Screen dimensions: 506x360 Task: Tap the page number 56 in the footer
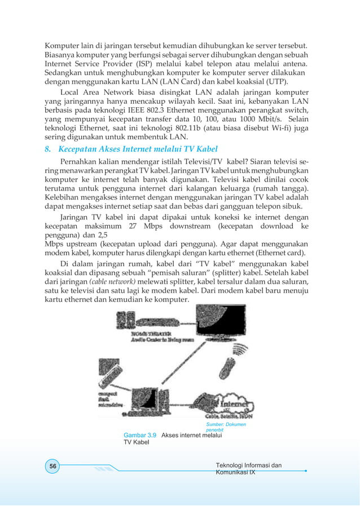click(52, 466)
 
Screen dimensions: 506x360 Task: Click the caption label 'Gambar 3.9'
click(141, 435)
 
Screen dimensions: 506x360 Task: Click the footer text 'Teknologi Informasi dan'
click(249, 465)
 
